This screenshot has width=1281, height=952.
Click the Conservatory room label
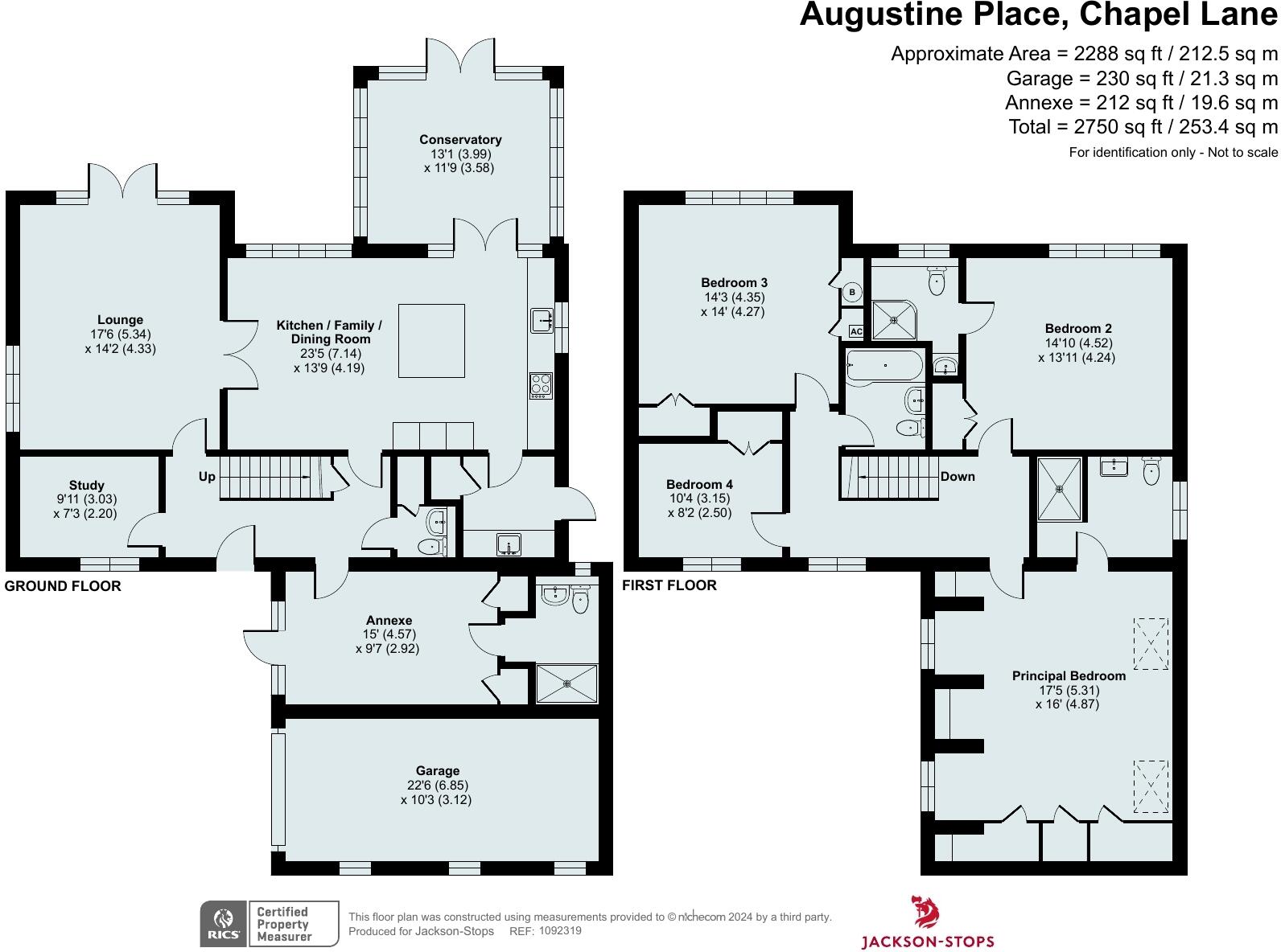[x=460, y=140]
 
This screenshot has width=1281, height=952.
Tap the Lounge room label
[x=120, y=320]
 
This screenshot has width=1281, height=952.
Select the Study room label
[x=87, y=486]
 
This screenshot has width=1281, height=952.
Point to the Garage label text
[x=437, y=771]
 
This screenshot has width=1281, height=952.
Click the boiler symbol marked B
[x=852, y=292]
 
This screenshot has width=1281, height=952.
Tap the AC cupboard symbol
[x=856, y=331]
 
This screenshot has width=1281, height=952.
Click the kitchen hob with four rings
[x=541, y=385]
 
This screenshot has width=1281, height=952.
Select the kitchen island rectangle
[x=431, y=341]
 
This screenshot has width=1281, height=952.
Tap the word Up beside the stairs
[x=207, y=476]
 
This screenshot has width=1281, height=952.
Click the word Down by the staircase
[x=958, y=476]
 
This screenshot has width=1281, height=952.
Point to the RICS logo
[x=224, y=923]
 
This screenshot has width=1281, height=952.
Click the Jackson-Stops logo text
[x=928, y=942]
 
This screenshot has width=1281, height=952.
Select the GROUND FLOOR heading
[x=63, y=586]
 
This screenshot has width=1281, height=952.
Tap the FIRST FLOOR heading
[x=669, y=585]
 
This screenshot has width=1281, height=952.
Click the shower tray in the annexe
[x=566, y=684]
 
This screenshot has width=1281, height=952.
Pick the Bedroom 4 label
[x=699, y=484]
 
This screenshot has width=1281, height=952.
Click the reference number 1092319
[x=560, y=930]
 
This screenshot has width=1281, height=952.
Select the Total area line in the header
[x=1143, y=126]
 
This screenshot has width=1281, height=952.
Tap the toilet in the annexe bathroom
[x=580, y=601]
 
